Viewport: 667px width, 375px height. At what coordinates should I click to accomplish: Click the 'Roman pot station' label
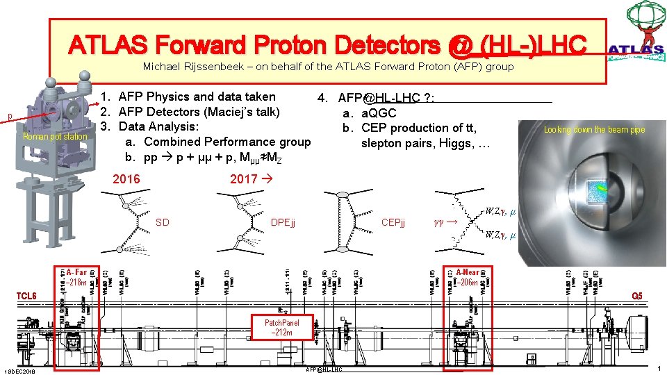[55, 137]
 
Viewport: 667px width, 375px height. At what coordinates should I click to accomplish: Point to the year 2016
[126, 179]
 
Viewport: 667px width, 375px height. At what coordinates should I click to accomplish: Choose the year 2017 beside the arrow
[244, 179]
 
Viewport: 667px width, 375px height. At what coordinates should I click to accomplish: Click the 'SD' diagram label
[163, 222]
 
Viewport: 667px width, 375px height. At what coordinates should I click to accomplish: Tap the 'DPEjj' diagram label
[283, 222]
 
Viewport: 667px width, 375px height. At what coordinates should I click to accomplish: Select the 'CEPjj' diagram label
[395, 222]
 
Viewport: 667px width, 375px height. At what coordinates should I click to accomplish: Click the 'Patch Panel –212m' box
[282, 328]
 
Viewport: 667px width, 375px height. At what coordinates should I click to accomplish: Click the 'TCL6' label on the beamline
[26, 296]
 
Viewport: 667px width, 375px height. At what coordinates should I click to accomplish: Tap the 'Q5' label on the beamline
[636, 296]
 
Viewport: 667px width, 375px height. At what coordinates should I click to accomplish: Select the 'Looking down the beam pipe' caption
[594, 130]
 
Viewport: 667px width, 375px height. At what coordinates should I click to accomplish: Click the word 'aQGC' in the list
[379, 112]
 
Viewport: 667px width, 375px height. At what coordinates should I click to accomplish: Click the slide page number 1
[659, 367]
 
